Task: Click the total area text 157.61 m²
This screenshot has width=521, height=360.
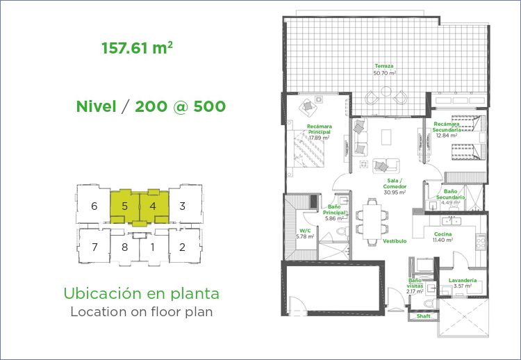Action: click(137, 48)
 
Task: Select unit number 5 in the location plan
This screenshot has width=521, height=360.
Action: click(124, 206)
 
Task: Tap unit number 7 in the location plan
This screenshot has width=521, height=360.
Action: click(94, 247)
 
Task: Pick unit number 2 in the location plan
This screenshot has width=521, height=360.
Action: click(182, 247)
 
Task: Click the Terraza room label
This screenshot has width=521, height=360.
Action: click(384, 66)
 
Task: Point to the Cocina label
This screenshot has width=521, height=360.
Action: click(443, 234)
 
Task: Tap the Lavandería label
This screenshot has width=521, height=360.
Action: click(463, 280)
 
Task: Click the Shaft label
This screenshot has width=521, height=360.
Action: click(423, 316)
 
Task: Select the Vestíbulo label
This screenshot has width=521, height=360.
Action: click(395, 241)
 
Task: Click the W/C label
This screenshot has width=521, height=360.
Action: click(305, 231)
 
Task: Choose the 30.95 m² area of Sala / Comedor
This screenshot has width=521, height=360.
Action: click(395, 193)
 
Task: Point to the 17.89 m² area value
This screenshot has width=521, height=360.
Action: click(319, 138)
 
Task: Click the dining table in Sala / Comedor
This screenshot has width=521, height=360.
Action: click(372, 221)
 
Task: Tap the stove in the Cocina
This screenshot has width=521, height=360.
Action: click(481, 242)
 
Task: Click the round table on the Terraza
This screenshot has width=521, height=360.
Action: click(386, 92)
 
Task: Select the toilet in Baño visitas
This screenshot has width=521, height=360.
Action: click(431, 302)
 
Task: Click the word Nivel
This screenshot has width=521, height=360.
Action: click(97, 107)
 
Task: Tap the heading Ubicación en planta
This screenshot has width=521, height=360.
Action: click(141, 293)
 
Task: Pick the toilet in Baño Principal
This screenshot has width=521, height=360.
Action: click(342, 231)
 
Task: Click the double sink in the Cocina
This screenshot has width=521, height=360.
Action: click(451, 220)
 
